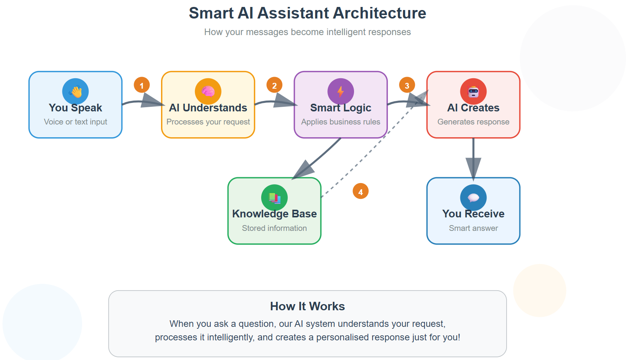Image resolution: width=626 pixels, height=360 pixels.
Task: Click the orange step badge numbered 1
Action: click(142, 85)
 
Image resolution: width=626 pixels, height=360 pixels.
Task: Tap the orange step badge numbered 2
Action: click(274, 85)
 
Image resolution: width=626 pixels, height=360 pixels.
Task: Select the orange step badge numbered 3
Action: click(407, 85)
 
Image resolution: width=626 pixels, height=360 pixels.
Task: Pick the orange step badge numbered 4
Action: click(361, 192)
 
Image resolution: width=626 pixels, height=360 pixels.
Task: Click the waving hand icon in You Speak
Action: click(76, 91)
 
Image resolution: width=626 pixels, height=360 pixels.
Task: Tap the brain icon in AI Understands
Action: click(208, 91)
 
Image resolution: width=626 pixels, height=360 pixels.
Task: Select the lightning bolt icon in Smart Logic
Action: click(341, 91)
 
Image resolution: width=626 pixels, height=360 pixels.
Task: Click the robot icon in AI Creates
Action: click(473, 92)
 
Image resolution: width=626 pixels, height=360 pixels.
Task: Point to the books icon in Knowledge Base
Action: click(274, 198)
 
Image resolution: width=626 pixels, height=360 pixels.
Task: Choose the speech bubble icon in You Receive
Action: click(473, 198)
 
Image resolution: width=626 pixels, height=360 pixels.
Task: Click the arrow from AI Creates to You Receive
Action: click(473, 154)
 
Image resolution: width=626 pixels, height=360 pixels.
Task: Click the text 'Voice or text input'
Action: click(76, 122)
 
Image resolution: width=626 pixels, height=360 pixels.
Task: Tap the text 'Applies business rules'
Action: click(341, 122)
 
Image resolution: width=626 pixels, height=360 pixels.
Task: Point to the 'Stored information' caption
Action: click(274, 228)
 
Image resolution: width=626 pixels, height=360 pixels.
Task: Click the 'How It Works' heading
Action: click(307, 306)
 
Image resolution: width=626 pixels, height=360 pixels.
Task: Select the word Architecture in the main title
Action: click(379, 13)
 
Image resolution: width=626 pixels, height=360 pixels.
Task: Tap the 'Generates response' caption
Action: click(473, 122)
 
